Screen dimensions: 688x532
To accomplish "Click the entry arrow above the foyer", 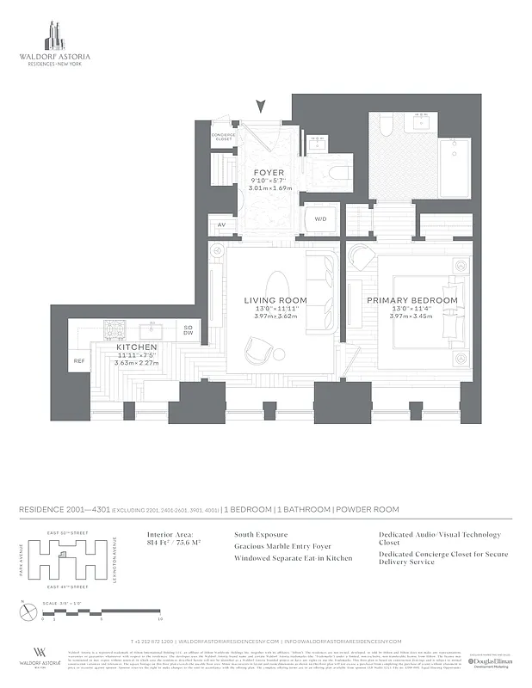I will click(262, 107).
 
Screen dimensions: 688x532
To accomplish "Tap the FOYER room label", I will click(269, 173).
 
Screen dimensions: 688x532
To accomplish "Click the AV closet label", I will click(221, 225).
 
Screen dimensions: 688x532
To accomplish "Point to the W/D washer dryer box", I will click(320, 219).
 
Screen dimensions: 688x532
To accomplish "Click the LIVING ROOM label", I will click(275, 300).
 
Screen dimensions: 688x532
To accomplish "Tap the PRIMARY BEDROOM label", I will click(412, 300).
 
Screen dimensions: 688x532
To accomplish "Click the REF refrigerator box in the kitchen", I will click(79, 361).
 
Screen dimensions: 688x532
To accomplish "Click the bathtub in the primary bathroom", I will click(451, 169).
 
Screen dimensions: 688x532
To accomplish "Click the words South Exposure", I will click(262, 534).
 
